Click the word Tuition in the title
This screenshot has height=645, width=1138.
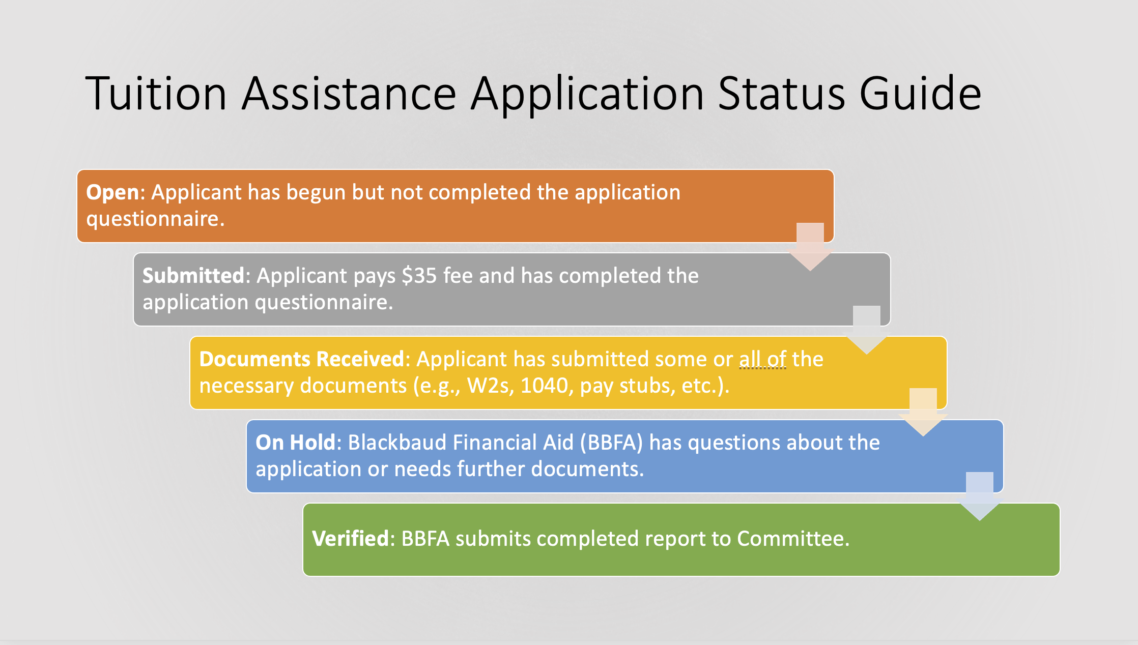[156, 93]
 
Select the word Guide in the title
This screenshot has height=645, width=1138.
[920, 93]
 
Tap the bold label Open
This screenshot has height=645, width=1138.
[112, 193]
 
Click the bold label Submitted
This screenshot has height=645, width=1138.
[193, 276]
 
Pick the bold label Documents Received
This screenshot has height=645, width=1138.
[302, 359]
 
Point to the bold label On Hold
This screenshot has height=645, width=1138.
[295, 443]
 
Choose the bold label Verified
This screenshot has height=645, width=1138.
[351, 539]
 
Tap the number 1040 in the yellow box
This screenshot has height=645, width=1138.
[544, 386]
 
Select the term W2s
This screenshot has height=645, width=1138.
[489, 386]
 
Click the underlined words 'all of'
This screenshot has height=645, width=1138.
[763, 359]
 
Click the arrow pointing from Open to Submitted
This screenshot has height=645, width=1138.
[810, 247]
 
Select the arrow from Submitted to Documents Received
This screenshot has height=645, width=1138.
[867, 330]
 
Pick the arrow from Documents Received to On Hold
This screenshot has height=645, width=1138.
[923, 413]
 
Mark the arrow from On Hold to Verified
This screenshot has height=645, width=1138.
[980, 496]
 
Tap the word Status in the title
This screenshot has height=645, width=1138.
[782, 93]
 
